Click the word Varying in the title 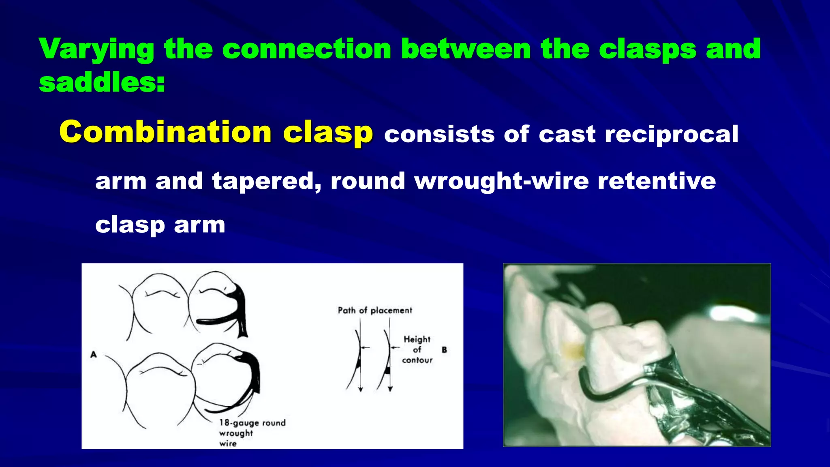96,49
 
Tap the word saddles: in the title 102,83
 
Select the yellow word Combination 165,132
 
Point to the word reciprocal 671,135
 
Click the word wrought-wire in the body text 501,181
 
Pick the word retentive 657,181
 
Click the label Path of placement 375,311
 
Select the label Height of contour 417,349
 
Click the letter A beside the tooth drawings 94,355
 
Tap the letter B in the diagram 444,349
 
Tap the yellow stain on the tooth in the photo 573,351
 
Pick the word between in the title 466,49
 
